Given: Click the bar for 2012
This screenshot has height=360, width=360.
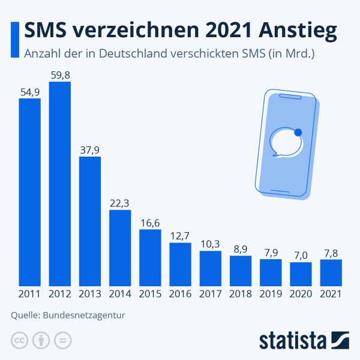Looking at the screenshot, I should click(60, 184).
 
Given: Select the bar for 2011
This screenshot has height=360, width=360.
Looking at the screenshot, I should click(29, 192).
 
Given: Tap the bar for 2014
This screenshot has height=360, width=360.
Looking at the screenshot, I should click(120, 247).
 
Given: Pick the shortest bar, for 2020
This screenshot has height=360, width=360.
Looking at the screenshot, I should click(301, 274).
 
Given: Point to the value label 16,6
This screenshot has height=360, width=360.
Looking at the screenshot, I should click(150, 222).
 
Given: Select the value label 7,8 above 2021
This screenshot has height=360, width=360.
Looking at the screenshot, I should click(331, 252).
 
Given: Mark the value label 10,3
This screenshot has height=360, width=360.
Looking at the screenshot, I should click(210, 244).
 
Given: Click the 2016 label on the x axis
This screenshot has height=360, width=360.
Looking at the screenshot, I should click(180, 294).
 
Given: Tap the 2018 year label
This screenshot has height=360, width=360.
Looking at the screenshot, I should click(240, 294).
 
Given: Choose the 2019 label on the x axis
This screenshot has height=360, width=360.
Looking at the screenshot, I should click(271, 294).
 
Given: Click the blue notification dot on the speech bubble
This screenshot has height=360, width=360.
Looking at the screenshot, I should click(298, 133).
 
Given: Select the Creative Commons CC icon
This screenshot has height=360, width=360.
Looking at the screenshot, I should click(20, 340).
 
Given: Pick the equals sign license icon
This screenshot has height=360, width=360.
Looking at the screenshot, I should click(62, 340).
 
